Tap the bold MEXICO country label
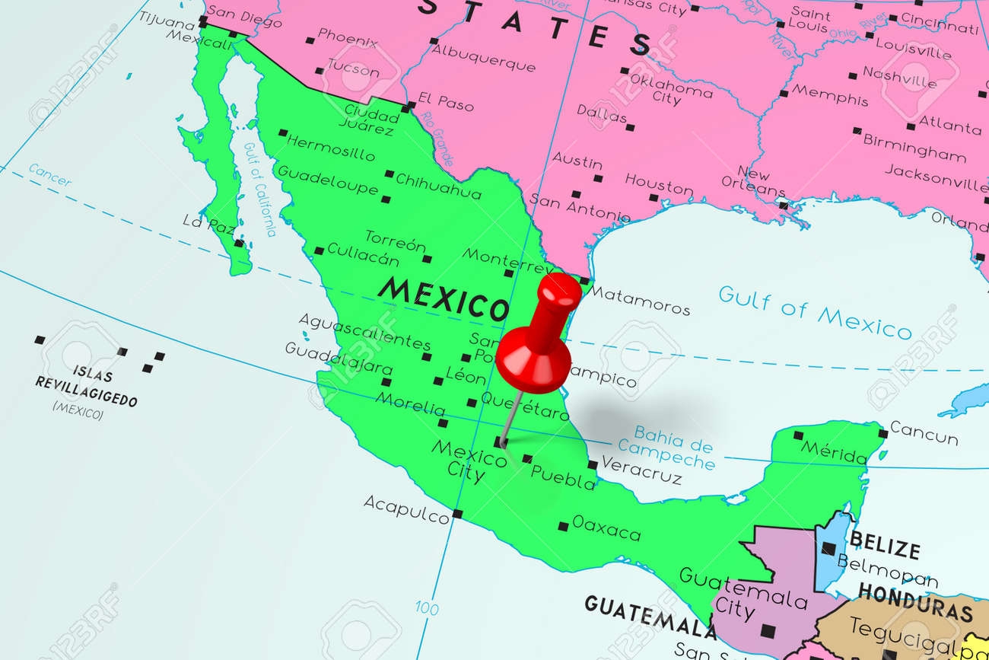(443, 298)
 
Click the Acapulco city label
(405, 509)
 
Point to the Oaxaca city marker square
(563, 526)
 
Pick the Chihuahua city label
(439, 187)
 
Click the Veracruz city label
(641, 469)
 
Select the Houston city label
(659, 184)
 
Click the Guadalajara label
(339, 358)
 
